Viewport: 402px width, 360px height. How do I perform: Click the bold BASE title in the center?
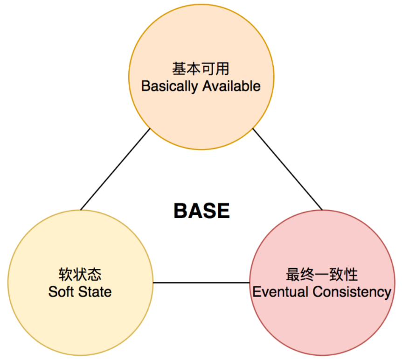(201, 211)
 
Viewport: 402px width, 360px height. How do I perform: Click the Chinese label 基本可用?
(201, 69)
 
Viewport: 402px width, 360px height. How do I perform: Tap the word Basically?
(170, 86)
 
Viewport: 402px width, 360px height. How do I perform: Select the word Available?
(231, 86)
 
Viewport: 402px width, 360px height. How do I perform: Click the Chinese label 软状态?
(80, 274)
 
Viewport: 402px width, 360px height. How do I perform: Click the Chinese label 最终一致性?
(321, 274)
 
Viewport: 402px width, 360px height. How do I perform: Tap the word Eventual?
(280, 292)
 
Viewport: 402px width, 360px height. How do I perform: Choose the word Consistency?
(352, 292)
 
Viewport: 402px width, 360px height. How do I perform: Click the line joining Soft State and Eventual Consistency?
(201, 282)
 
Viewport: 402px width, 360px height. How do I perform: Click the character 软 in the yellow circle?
(65, 274)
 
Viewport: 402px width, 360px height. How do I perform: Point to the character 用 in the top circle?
(222, 69)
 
